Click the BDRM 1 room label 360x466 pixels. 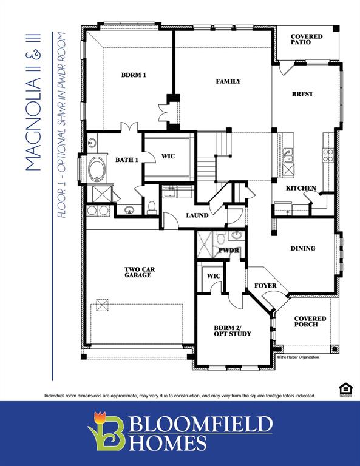click(x=134, y=75)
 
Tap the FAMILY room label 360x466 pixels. click(x=228, y=81)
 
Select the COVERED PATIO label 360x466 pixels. click(x=306, y=39)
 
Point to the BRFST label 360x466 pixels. click(x=302, y=94)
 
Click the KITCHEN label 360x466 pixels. click(x=301, y=188)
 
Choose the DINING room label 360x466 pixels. click(x=302, y=248)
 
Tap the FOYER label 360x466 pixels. click(x=265, y=285)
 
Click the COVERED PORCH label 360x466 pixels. click(x=310, y=322)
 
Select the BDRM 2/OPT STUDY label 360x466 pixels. click(x=232, y=331)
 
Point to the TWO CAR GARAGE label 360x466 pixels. click(x=138, y=272)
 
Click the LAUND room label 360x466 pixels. click(x=197, y=215)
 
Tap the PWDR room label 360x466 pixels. click(x=229, y=250)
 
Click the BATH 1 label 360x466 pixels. click(x=127, y=160)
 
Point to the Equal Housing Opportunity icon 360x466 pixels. click(x=344, y=388)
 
